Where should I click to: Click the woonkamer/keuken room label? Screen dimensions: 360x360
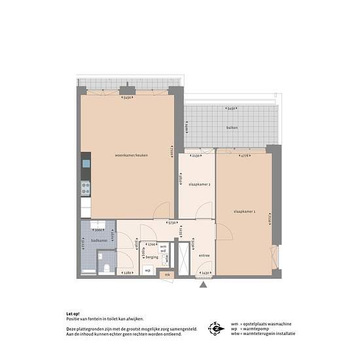131,155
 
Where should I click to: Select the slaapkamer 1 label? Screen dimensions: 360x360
244,211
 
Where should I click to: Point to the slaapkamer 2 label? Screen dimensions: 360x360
200,185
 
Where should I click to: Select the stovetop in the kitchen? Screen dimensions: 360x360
85,189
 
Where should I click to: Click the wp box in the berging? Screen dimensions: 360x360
148,270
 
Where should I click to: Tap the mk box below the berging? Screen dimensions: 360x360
167,275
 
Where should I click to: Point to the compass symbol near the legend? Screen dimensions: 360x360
215,327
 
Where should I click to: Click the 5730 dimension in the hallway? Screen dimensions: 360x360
171,223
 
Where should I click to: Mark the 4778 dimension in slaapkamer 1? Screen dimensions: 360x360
243,156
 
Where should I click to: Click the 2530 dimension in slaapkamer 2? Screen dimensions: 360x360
196,156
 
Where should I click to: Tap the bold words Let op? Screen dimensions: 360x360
73,313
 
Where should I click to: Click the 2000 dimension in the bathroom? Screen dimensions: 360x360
98,230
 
